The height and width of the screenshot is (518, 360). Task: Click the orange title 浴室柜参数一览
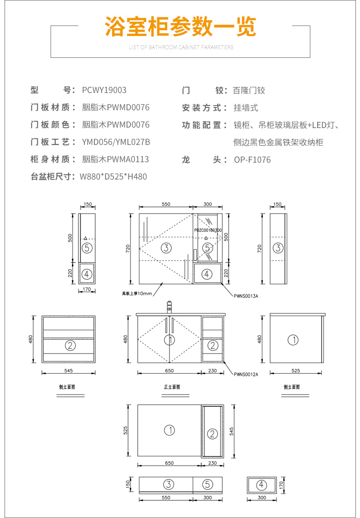pos(180,27)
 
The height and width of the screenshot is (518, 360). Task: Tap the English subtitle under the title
pos(181,47)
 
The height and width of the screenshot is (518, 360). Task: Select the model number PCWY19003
pos(104,90)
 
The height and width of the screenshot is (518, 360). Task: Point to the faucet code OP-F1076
pos(252,159)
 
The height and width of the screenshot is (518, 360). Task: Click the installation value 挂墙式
pos(246,108)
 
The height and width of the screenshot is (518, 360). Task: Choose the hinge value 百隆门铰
pos(249,90)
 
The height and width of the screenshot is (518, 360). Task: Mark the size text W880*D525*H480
pos(113,176)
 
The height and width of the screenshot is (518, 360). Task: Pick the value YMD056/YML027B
pos(116,142)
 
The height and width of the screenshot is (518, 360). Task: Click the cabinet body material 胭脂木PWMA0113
pos(115,159)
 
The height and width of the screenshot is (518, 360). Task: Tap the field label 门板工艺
pos(53,142)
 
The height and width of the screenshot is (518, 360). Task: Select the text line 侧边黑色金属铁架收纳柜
pos(278,143)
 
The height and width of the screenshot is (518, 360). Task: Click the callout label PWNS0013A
pos(246,296)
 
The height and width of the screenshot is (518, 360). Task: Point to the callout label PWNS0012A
pos(246,374)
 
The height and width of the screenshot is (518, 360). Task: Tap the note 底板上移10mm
pos(137,293)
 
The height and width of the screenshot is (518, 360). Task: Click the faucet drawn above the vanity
pos(169,307)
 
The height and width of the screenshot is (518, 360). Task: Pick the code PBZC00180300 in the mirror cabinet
pos(208,231)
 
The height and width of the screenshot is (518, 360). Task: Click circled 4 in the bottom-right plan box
pos(262,485)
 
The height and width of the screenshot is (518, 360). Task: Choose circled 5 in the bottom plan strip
pos(208,484)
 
